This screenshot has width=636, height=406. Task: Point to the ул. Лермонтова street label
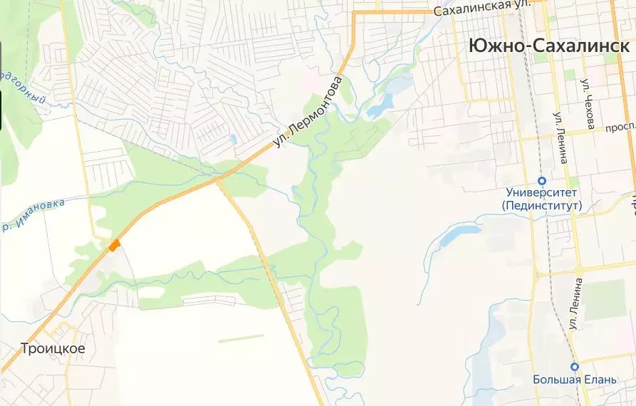click(x=308, y=113)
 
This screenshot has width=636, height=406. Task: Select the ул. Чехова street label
click(x=588, y=104)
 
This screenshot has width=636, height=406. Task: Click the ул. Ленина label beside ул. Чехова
click(x=561, y=139)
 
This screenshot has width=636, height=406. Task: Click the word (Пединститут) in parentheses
click(x=541, y=206)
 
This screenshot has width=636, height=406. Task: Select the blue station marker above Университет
click(x=541, y=180)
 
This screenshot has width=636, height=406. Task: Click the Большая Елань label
click(x=575, y=379)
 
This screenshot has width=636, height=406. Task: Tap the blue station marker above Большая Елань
click(x=575, y=366)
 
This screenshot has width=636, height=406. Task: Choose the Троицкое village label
click(x=53, y=349)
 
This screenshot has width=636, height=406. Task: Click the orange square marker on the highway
click(x=114, y=245)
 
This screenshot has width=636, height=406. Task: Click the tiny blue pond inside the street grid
click(x=233, y=139)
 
